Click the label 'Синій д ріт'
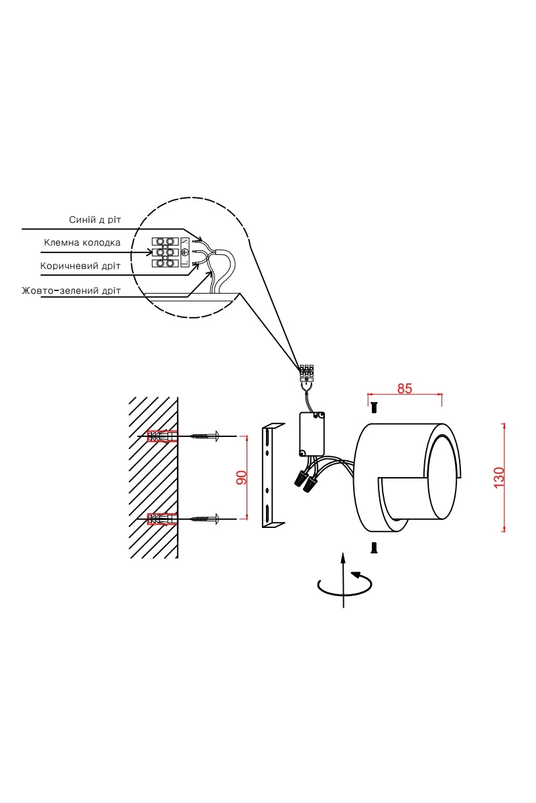[94, 219]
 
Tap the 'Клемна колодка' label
[82, 243]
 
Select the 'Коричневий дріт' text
[80, 266]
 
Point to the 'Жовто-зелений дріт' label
[71, 290]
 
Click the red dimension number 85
[405, 388]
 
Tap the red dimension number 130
[499, 477]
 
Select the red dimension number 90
[242, 478]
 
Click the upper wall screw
[206, 436]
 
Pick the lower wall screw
[206, 519]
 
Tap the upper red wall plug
[162, 436]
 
